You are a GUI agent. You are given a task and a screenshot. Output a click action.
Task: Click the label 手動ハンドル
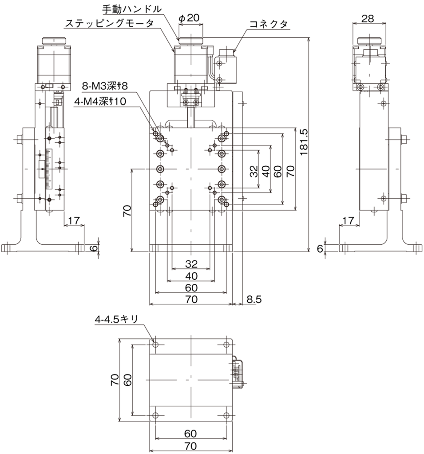tap(132, 9)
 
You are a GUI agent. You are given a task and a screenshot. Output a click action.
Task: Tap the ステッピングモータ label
tap(109, 23)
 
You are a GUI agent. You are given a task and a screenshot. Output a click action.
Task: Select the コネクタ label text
tap(269, 24)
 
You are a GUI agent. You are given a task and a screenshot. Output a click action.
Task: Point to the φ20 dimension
tap(190, 18)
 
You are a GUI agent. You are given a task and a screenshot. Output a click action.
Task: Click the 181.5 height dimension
tap(304, 142)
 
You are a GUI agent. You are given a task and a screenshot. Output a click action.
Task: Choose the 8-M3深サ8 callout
tap(105, 86)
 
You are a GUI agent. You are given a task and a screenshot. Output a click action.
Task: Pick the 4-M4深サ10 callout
tap(100, 101)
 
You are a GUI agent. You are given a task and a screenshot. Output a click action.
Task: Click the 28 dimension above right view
tap(368, 19)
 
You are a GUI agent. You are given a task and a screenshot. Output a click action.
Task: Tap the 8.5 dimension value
tap(254, 299)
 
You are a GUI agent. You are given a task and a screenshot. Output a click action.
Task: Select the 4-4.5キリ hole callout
tap(116, 319)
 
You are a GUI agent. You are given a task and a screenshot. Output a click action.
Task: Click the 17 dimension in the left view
tap(74, 221)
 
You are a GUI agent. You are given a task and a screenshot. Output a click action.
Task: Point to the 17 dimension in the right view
tap(349, 221)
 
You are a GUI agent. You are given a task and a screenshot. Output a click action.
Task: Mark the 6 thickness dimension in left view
tap(94, 248)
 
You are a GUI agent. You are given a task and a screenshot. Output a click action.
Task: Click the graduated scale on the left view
tap(48, 169)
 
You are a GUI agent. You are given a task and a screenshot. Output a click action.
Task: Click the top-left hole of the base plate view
tap(155, 344)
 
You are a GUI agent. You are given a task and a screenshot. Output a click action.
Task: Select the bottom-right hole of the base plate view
tap(227, 415)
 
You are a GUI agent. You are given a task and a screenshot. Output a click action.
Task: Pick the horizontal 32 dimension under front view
tap(191, 264)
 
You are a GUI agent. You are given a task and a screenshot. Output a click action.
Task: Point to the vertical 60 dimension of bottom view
tap(127, 380)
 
